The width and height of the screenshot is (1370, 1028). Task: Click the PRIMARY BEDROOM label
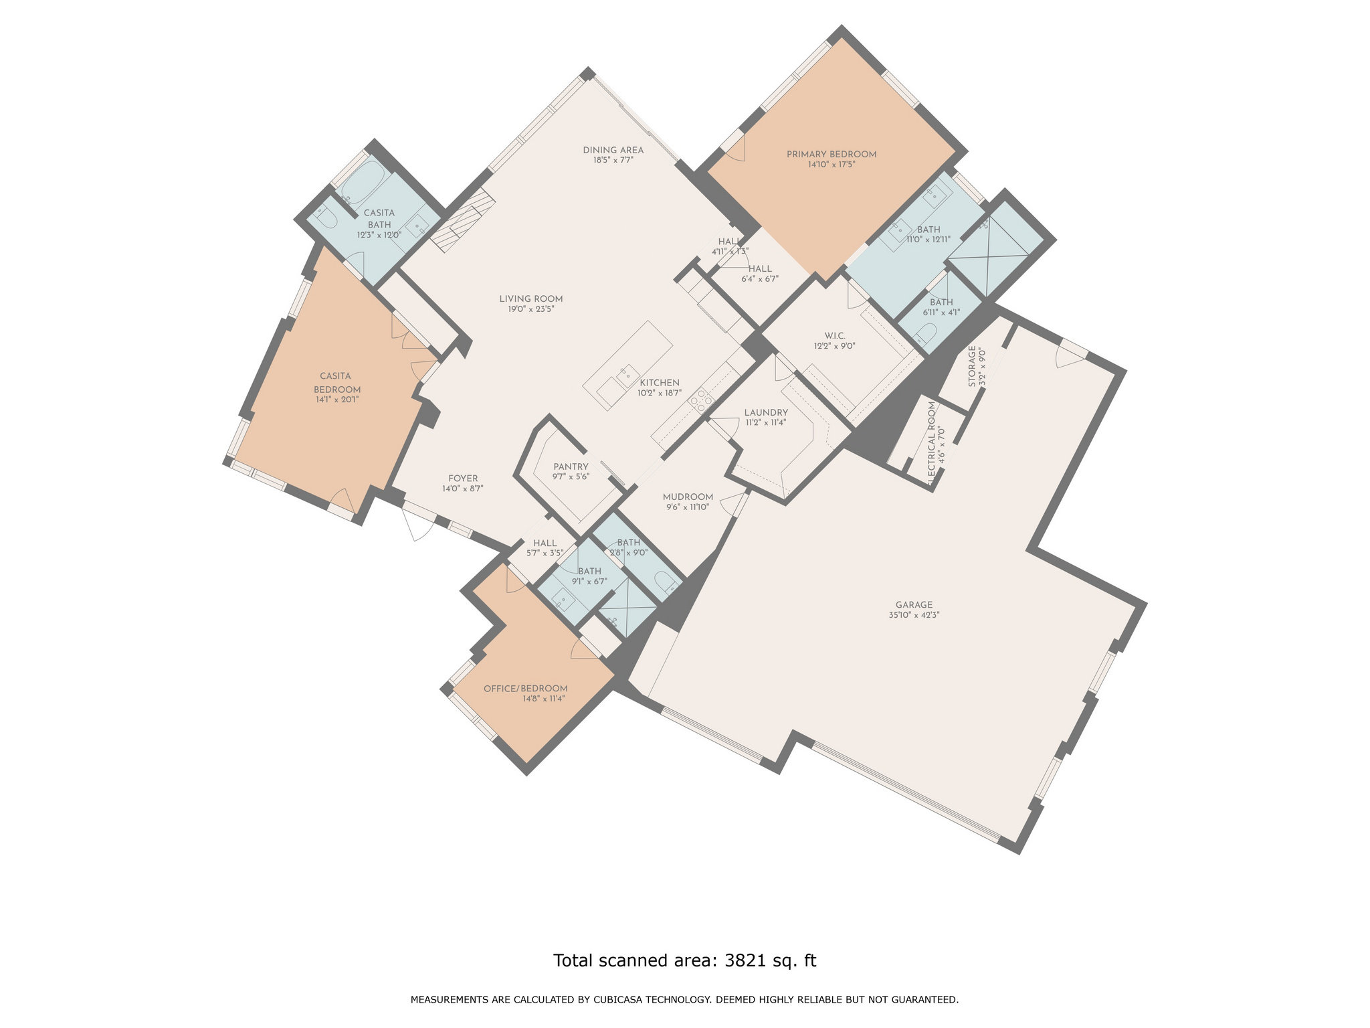(x=831, y=155)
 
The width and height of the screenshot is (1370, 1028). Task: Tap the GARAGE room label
(x=914, y=605)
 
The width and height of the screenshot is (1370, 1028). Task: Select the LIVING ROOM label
(x=530, y=299)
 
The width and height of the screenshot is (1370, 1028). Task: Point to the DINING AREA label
(x=613, y=150)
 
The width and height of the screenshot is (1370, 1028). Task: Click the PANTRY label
(x=571, y=467)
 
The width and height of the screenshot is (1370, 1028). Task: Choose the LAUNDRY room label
(x=766, y=412)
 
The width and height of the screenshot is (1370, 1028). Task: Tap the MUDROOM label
(x=688, y=497)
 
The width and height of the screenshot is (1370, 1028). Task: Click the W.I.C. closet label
(x=835, y=336)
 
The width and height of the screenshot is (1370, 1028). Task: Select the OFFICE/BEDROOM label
(x=525, y=689)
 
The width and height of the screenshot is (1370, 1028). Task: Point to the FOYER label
(x=463, y=479)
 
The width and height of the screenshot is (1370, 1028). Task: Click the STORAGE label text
(x=972, y=367)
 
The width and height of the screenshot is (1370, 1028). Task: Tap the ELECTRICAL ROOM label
(x=932, y=444)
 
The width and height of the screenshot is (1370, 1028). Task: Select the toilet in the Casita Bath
(x=324, y=215)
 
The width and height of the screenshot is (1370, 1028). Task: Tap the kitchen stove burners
(x=701, y=400)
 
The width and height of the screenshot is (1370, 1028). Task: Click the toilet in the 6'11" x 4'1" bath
(x=926, y=333)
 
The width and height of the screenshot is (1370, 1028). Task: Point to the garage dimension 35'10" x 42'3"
(x=914, y=615)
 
